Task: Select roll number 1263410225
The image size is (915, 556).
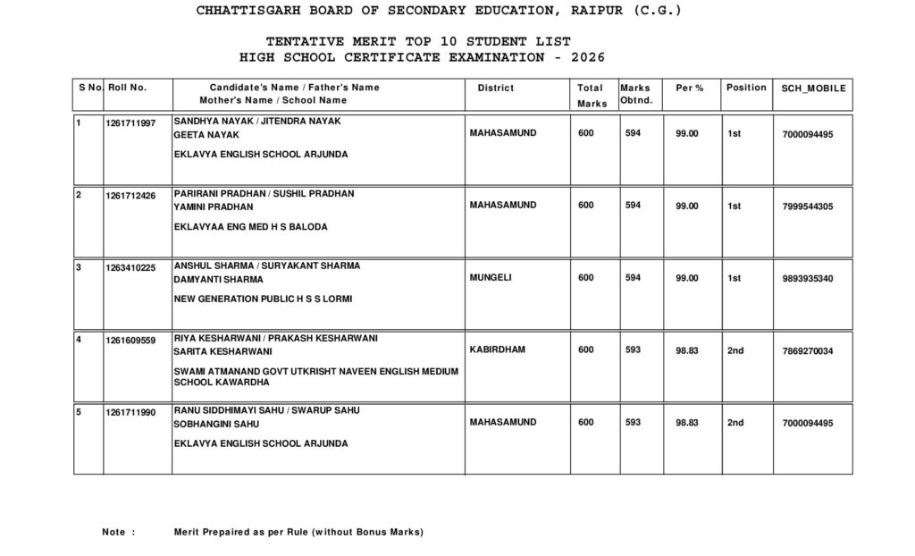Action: pos(130,266)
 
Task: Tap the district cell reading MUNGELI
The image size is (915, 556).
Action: pos(491,278)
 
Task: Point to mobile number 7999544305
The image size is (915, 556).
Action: pos(807,206)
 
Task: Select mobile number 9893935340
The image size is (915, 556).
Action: pos(807,279)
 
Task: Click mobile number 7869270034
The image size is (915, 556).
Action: pos(807,351)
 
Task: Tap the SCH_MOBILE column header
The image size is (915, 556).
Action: pos(813,88)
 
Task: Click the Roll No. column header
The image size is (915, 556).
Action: pos(127,88)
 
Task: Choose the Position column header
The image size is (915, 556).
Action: pos(746,88)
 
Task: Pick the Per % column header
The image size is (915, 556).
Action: pos(689,88)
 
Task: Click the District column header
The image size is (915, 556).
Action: pos(496,88)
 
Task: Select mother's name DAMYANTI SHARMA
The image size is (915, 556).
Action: pos(218,279)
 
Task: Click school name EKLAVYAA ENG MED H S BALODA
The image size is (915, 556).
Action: pos(250,227)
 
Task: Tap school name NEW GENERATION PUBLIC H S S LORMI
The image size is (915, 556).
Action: pos(263,299)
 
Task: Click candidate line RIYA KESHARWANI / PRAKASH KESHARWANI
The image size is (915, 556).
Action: pos(276,338)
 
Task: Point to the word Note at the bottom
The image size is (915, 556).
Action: pos(113,532)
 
